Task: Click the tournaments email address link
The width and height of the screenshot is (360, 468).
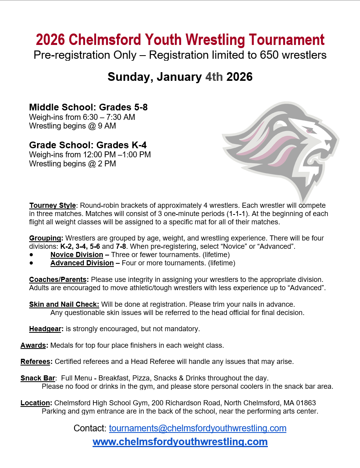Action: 197,428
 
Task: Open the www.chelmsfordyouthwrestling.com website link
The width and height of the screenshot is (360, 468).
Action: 180,442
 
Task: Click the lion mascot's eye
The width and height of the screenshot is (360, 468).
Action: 310,131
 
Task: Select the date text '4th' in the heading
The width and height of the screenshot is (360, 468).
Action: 214,76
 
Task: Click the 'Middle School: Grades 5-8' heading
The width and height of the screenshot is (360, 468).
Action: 88,107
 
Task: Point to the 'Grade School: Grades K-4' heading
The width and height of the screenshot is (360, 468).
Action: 88,145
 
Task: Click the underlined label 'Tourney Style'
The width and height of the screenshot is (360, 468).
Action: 52,205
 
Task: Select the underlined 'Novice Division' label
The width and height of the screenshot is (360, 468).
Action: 77,255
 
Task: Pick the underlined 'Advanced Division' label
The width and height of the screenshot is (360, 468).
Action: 82,263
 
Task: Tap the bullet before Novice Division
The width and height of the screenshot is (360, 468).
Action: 31,255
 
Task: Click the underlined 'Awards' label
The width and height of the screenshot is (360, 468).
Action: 34,345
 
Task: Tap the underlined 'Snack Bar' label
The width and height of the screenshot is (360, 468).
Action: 38,378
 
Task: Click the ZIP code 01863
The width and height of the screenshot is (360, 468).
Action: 305,403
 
